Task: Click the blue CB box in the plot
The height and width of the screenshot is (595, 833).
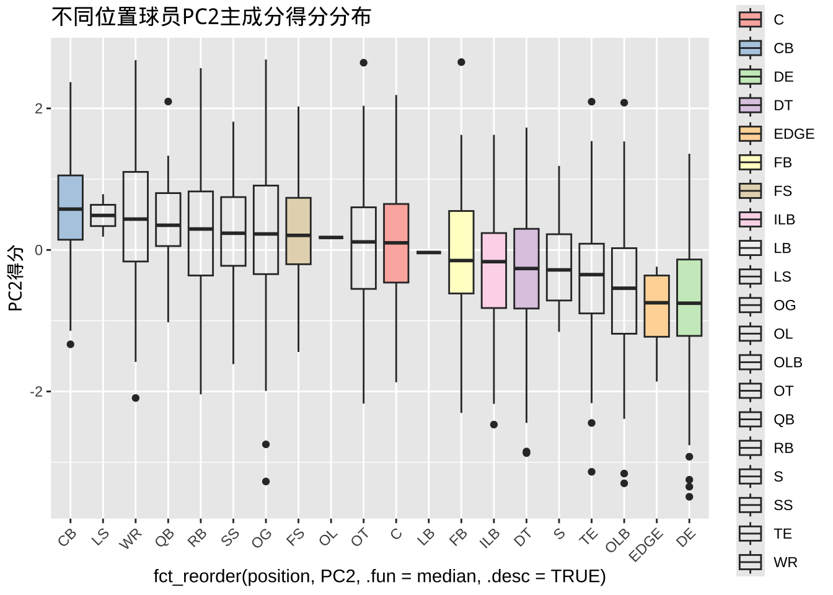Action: click(x=71, y=208)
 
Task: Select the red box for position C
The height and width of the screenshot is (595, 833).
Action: click(x=396, y=243)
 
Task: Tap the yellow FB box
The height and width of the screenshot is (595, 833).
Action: click(x=461, y=252)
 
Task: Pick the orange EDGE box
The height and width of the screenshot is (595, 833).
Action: click(x=656, y=306)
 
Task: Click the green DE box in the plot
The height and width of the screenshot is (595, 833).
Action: click(x=689, y=297)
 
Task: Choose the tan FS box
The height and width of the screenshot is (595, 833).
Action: click(x=298, y=231)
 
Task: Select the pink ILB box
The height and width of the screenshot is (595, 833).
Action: click(x=494, y=270)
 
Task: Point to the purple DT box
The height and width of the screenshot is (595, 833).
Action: click(x=526, y=268)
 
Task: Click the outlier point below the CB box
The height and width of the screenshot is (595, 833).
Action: click(x=71, y=345)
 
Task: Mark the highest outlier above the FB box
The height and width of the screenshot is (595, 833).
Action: click(x=461, y=62)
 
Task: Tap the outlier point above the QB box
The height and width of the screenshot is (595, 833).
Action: click(x=168, y=102)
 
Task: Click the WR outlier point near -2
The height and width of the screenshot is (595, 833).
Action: click(x=136, y=398)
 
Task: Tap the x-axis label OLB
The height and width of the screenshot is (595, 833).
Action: click(x=618, y=540)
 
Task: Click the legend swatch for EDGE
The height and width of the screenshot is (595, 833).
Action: click(x=750, y=134)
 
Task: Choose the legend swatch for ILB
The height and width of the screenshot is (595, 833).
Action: click(x=750, y=219)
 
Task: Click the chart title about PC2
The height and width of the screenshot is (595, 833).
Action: click(x=211, y=17)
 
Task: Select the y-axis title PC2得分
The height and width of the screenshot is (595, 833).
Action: click(x=15, y=278)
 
